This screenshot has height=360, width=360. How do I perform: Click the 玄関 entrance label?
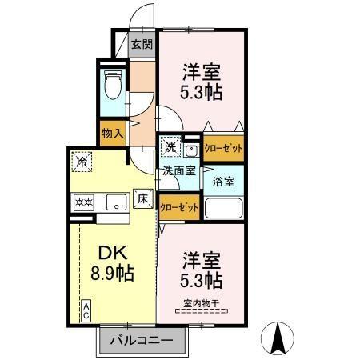142,45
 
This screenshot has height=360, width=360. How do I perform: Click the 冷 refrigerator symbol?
82,162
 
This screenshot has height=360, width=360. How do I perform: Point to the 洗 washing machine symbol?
170,147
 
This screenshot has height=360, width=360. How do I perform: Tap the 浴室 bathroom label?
223,181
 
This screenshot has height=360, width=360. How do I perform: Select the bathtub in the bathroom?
223,208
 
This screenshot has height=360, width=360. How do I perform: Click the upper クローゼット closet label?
223,149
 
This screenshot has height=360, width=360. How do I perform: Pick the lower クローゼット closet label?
178,206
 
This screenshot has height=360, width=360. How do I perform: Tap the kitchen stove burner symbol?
84,202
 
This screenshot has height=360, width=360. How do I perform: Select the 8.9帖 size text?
110,274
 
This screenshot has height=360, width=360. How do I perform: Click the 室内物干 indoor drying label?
201,302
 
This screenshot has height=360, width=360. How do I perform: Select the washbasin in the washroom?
191,149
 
